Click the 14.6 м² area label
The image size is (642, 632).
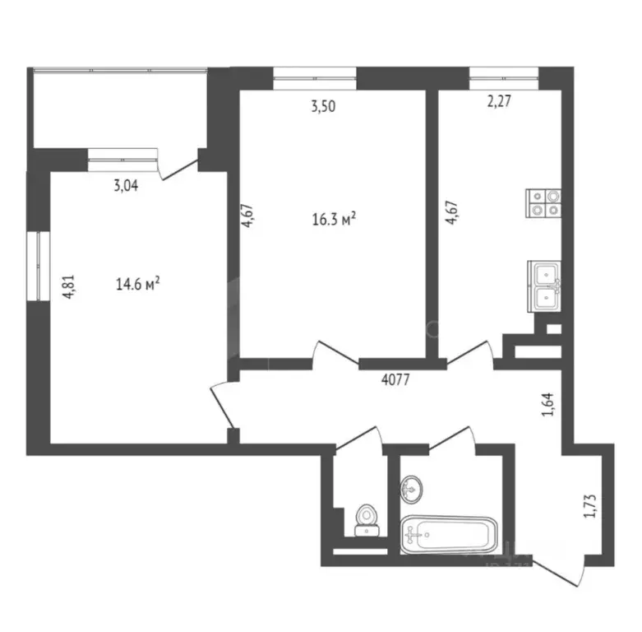coord(137,285)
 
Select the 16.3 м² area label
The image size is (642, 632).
coord(334,220)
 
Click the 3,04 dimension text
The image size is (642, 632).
coord(125,185)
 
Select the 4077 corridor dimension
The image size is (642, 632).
coord(396,380)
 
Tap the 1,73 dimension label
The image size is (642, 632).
coord(588,503)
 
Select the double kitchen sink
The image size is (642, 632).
coord(545,286)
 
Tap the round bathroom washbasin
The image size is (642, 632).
coord(412,488)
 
